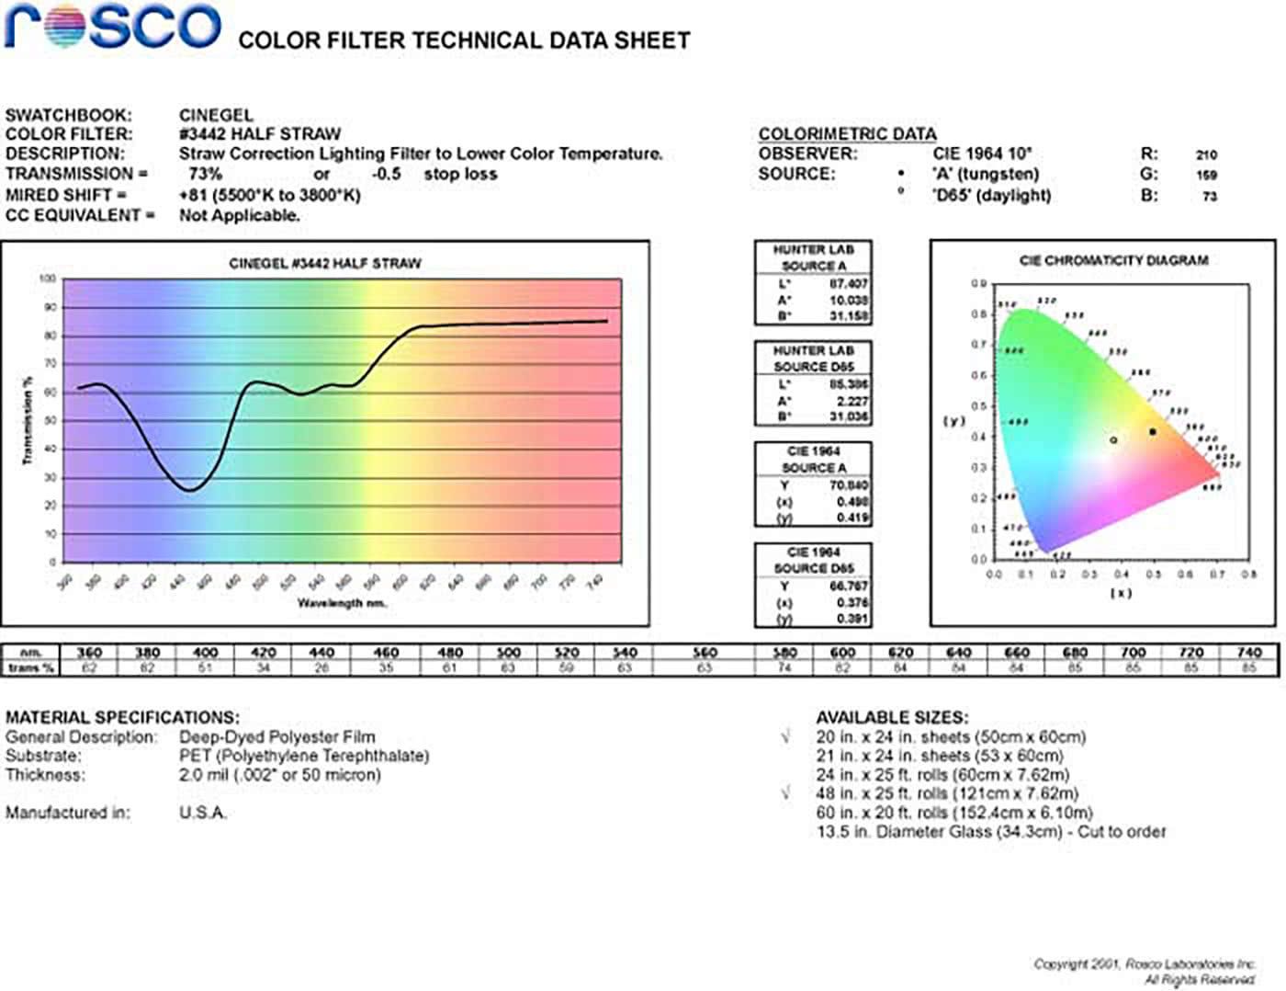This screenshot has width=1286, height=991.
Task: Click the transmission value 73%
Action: (205, 174)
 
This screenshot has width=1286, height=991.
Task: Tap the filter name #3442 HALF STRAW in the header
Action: (259, 134)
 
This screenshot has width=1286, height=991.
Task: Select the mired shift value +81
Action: (194, 195)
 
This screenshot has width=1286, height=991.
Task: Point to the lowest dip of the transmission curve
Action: (189, 490)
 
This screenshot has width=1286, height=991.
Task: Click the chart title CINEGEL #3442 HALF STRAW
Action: (324, 264)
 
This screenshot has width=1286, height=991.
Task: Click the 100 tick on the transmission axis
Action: (48, 279)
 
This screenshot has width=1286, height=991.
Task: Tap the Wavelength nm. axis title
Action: (342, 603)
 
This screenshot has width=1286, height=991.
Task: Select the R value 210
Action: (1206, 155)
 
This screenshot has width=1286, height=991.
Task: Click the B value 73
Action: (1209, 196)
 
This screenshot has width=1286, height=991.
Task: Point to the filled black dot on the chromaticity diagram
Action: (1153, 431)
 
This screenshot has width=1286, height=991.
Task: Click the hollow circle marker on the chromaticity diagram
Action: (1113, 440)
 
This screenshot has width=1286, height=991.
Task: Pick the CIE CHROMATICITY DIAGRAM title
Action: (1113, 261)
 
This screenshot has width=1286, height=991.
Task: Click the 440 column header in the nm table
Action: (321, 653)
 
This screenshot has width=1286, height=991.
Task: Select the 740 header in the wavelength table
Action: (1248, 653)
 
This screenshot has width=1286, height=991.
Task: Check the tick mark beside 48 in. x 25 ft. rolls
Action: (785, 793)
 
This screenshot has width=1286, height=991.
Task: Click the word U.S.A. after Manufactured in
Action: (203, 813)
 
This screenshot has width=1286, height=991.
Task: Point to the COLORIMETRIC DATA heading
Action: (847, 134)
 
